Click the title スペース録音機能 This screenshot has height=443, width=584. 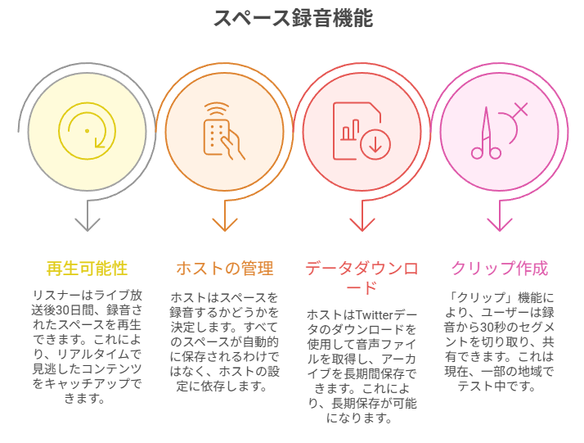(x=293, y=18)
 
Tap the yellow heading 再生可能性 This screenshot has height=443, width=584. (x=87, y=269)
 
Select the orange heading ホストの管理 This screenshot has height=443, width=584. (x=224, y=269)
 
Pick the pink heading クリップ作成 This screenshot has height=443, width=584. (x=499, y=269)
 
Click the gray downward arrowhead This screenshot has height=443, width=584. (x=87, y=223)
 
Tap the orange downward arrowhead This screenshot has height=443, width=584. (x=224, y=223)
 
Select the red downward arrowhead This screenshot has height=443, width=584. (x=362, y=223)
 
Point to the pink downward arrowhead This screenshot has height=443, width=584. (x=499, y=223)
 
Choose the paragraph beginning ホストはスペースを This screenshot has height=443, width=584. (x=224, y=340)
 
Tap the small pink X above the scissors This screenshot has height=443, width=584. (x=521, y=108)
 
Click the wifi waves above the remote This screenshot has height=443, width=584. (x=217, y=109)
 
